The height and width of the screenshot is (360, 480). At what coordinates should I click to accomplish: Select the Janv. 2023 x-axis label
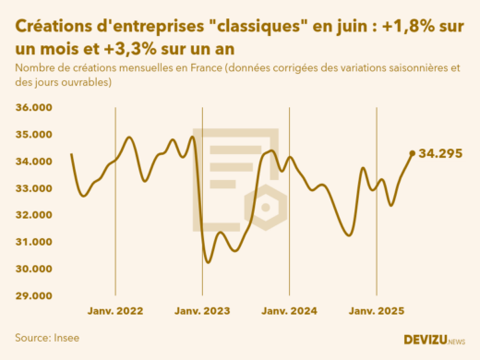point(202,312)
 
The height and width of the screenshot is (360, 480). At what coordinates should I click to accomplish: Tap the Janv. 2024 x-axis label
point(290,312)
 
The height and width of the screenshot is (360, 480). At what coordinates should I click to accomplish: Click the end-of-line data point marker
point(412,153)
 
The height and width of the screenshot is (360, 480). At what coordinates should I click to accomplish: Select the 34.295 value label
point(440,153)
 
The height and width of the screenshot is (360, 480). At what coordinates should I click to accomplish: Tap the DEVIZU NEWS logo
point(434,340)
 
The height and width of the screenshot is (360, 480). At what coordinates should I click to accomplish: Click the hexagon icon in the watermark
point(267,207)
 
